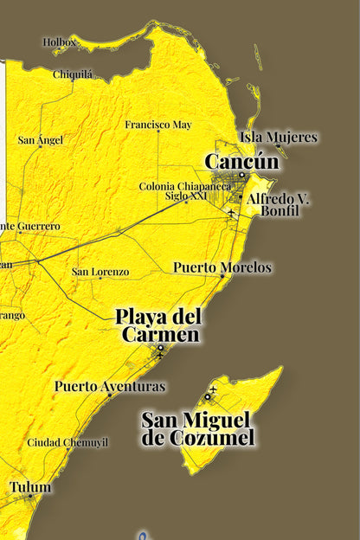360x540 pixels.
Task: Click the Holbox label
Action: (60, 41)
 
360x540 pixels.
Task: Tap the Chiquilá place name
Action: (73, 74)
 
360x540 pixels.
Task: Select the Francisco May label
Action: (157, 125)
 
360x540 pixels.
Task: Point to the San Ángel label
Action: (42, 140)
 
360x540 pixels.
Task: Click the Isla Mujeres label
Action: (279, 137)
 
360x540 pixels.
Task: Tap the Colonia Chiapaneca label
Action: (185, 186)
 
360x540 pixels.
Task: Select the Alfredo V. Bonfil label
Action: (279, 204)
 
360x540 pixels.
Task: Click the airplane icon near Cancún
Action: (231, 213)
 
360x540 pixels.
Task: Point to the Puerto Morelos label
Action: (222, 267)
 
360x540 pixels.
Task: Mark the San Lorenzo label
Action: (100, 272)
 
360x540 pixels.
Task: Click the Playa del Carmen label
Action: (159, 325)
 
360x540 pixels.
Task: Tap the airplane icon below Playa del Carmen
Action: (160, 355)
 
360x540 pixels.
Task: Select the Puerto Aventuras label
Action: (109, 386)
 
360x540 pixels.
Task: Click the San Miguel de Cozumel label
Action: (198, 429)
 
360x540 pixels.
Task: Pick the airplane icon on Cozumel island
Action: (213, 389)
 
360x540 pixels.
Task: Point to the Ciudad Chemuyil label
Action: (67, 442)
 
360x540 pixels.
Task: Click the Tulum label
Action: (30, 487)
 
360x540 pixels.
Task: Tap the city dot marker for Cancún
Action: (243, 176)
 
